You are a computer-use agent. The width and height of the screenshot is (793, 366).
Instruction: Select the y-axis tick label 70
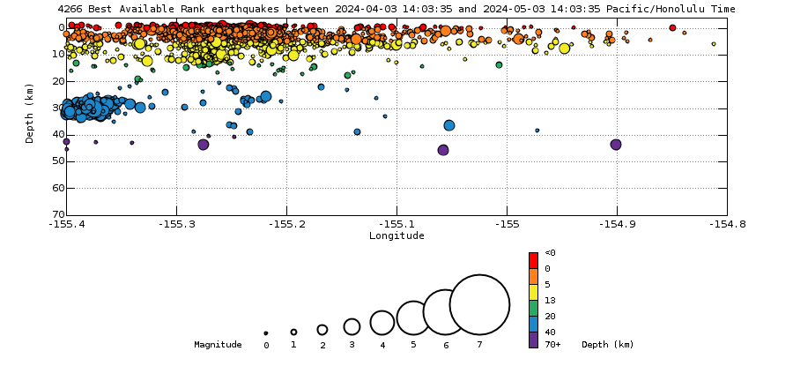tap(58, 214)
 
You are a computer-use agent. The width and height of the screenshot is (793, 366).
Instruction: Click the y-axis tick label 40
tap(58, 134)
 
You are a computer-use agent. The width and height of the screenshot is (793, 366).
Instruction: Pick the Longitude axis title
tap(396, 235)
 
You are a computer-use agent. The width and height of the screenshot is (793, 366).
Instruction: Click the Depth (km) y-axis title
tap(30, 113)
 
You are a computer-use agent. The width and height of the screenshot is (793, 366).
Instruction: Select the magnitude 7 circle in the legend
tap(479, 305)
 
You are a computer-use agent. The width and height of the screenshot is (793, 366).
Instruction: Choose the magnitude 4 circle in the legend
tap(382, 323)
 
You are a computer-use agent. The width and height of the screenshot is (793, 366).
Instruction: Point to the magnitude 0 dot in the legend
tap(266, 333)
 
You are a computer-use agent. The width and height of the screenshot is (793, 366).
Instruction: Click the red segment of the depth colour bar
tap(533, 259)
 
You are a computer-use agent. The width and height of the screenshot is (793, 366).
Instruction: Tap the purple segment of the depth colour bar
tap(533, 340)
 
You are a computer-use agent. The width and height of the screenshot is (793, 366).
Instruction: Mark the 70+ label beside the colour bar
tap(552, 345)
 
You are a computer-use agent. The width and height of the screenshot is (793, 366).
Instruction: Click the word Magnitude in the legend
tap(218, 345)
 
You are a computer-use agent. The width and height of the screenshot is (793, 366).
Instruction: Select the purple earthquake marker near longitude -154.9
tap(616, 145)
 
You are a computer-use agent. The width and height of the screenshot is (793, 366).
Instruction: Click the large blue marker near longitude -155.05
tap(449, 125)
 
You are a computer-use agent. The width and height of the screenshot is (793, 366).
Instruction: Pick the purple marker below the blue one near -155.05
tap(443, 150)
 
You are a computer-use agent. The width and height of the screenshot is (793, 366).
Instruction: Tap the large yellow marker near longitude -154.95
tap(565, 49)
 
